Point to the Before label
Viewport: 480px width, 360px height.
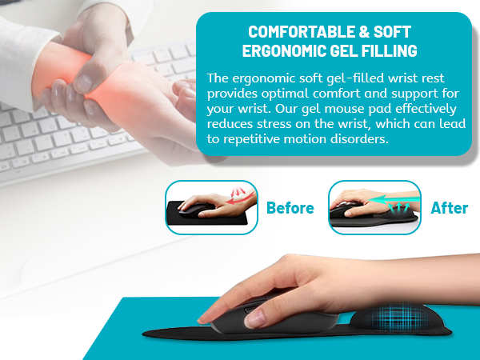(290, 208)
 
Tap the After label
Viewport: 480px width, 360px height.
(449, 208)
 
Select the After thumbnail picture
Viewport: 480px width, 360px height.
(374, 208)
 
